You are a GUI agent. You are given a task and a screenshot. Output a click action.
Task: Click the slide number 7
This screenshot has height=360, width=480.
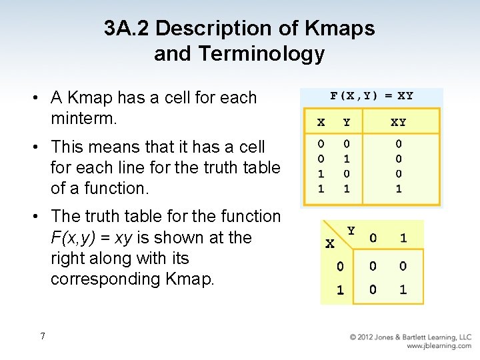click(43, 336)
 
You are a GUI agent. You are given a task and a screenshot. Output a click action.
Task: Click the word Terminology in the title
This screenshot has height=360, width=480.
click(265, 54)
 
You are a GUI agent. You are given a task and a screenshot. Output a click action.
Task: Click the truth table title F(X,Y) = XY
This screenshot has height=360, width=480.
click(371, 95)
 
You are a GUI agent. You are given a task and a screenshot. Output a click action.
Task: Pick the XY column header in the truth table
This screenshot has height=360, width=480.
click(398, 123)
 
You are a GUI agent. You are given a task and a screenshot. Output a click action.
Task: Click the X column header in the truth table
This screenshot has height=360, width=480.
click(321, 123)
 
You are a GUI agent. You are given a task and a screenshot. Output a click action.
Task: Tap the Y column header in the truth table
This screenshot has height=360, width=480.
click(347, 123)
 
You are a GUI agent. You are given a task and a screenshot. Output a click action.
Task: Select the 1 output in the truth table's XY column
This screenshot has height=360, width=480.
click(399, 189)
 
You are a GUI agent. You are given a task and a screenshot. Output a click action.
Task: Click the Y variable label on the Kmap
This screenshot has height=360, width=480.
click(351, 231)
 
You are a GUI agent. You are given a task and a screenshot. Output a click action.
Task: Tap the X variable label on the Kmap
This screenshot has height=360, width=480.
click(329, 244)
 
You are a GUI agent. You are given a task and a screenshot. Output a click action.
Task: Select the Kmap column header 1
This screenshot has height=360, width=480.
click(403, 238)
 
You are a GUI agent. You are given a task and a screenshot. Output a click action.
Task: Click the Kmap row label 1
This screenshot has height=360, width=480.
click(340, 290)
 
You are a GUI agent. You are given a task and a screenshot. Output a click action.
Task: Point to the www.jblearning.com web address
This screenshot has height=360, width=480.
click(439, 346)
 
